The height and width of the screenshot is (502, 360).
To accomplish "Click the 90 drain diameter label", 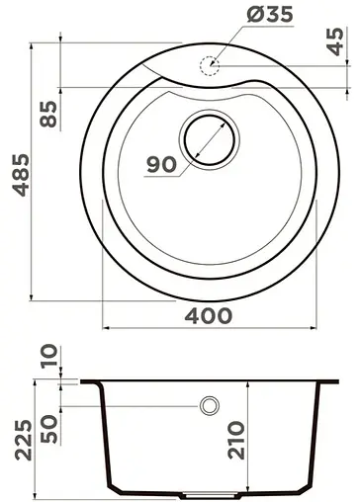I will (162, 165).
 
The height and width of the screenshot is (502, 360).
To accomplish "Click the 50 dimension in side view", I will (44, 426).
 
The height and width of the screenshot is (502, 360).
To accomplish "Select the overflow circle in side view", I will (209, 405).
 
